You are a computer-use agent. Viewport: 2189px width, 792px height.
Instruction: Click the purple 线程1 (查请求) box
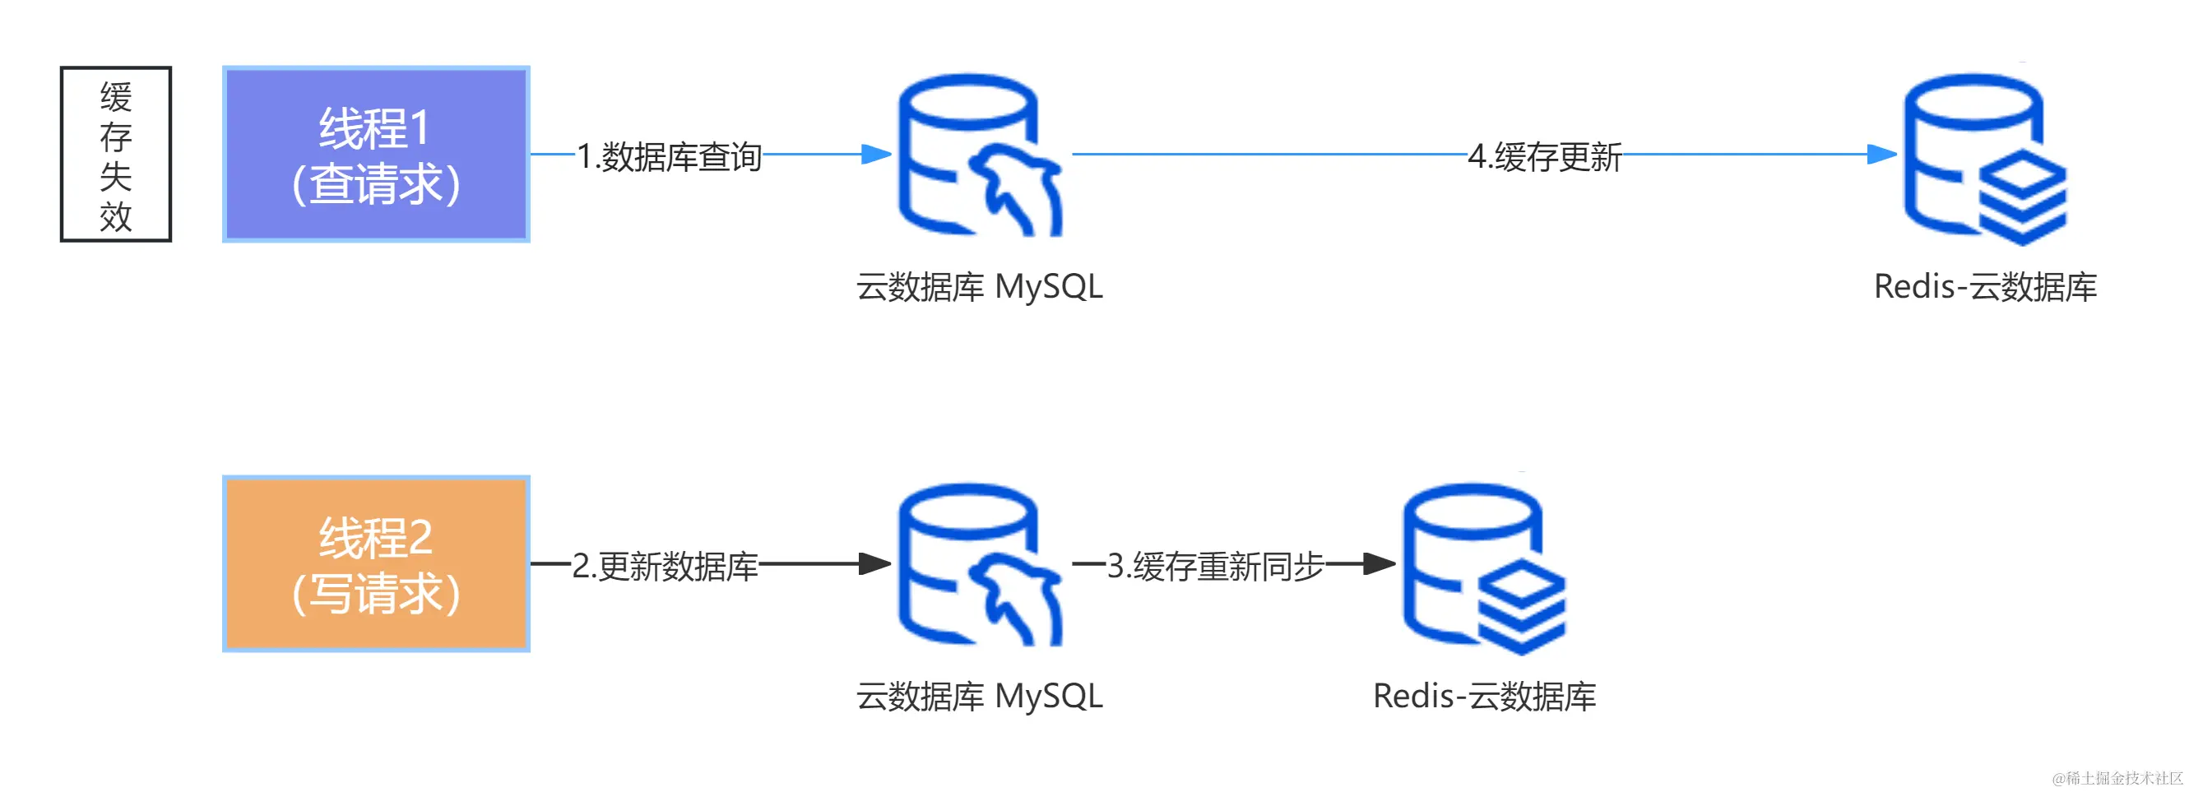pos(376,155)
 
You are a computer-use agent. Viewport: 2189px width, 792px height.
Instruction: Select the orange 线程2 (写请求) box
pos(376,563)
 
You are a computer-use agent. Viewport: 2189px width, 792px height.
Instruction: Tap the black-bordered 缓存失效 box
pos(115,155)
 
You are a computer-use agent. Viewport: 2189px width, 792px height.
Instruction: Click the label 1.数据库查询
pos(669,156)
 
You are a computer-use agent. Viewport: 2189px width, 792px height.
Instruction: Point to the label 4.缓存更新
pos(1544,156)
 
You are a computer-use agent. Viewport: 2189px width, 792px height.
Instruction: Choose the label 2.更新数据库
pos(665,566)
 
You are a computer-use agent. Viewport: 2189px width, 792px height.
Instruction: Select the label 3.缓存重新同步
pos(1214,566)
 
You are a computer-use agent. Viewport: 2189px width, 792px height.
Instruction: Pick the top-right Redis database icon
pos(1984,158)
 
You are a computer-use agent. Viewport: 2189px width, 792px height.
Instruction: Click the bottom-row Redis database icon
pos(1483,567)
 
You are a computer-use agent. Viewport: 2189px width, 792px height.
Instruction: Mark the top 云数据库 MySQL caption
pos(979,287)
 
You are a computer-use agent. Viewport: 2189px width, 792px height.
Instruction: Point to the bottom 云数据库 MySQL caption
pos(979,697)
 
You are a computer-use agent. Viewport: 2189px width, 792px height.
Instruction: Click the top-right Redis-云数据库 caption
pos(1985,287)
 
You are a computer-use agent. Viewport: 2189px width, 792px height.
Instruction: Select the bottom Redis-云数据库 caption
pos(1484,697)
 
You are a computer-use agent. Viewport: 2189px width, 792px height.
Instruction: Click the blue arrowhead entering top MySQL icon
pos(875,155)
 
